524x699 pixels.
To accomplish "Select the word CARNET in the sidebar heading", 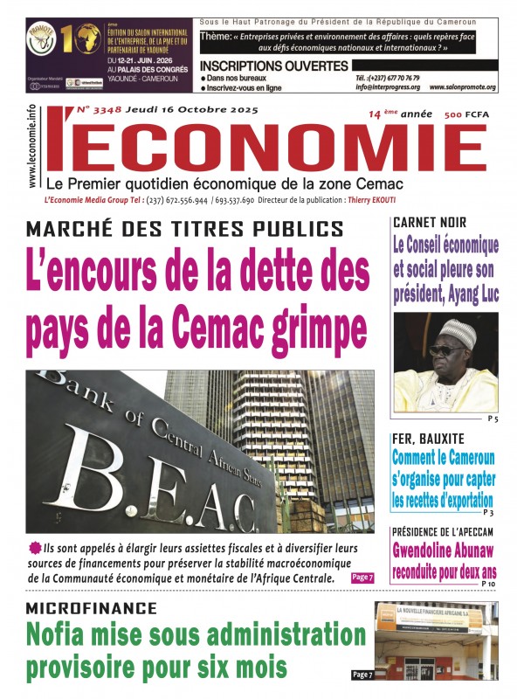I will tap(414, 223).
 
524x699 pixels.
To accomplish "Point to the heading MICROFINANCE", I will tap(92, 608).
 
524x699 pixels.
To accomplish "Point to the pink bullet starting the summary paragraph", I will tap(34, 548).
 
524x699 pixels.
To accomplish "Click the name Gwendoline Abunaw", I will tap(445, 550).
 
